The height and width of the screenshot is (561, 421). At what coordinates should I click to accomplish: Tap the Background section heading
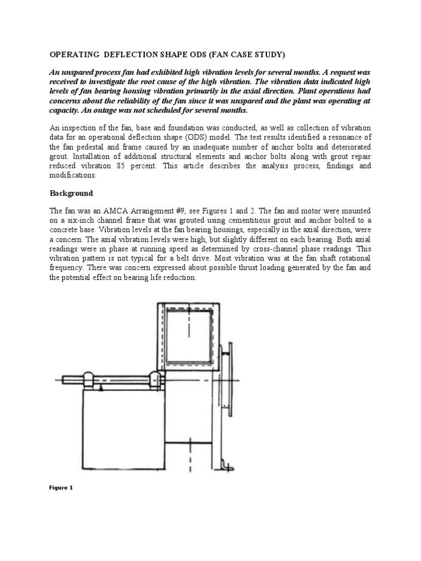pos(71,193)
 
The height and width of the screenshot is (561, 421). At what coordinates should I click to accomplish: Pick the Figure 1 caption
pos(61,488)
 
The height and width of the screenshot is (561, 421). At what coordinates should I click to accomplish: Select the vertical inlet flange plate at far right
pos(236,383)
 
